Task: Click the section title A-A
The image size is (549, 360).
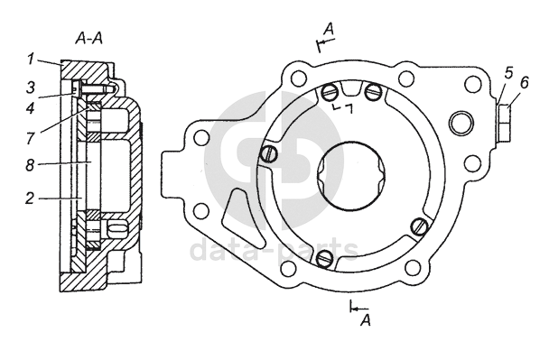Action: tap(88, 39)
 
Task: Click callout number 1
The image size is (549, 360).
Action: tap(31, 60)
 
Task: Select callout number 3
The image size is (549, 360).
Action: tap(31, 88)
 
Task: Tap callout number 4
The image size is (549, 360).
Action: tap(31, 107)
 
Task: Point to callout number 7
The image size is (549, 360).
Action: tap(30, 138)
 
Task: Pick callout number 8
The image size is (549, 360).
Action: tap(30, 165)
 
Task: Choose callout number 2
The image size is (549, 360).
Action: tap(30, 198)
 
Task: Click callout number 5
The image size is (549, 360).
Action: tap(508, 72)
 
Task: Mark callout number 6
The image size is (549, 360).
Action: tap(524, 83)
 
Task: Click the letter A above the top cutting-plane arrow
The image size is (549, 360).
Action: tap(329, 29)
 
